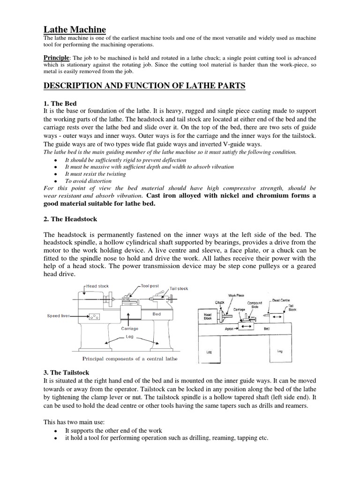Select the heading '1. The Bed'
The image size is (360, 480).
click(60, 103)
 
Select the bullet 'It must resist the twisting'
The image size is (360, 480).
click(95, 173)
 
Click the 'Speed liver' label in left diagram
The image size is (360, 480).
click(59, 316)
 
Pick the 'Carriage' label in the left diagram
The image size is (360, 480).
click(129, 329)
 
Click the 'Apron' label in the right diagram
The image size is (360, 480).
click(229, 330)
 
